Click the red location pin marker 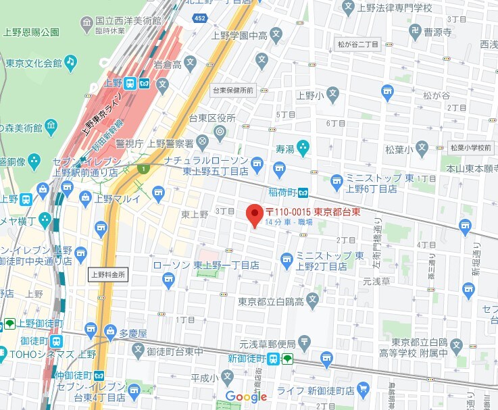point(254,215)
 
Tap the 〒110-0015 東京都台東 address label point(312,212)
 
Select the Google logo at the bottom point(246,396)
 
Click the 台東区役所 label point(212,118)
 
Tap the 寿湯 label point(284,146)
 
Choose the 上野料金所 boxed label point(107,274)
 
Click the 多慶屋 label point(132,333)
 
